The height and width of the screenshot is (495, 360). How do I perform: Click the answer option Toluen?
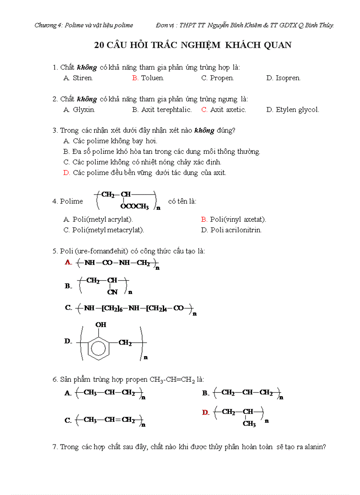pyautogui.click(x=152, y=78)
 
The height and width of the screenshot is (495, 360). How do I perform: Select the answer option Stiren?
pyautogui.click(x=82, y=78)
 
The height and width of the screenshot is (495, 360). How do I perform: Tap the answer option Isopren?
pyautogui.click(x=288, y=78)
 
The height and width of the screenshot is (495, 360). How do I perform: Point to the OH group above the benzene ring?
pyautogui.click(x=101, y=325)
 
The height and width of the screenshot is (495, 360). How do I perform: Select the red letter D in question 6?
pyautogui.click(x=205, y=413)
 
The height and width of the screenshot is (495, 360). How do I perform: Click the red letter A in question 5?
pyautogui.click(x=68, y=262)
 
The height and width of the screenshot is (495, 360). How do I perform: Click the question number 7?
pyautogui.click(x=55, y=447)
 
